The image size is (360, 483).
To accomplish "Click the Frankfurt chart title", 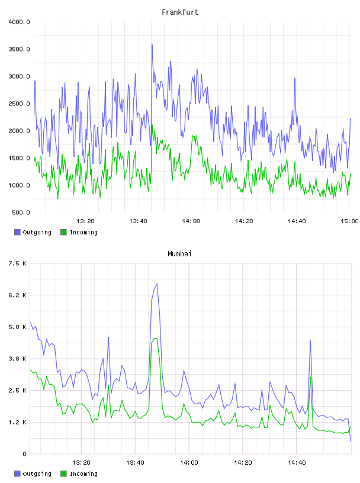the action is coord(180,12).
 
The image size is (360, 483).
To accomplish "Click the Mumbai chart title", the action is coord(179,254).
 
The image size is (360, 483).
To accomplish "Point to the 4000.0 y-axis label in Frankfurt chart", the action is coord(19,22).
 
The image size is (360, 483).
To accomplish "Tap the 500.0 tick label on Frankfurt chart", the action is coord(21,212).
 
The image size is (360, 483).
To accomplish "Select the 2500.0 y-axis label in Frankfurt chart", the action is coord(19,104).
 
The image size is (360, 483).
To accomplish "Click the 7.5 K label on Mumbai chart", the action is coord(18,263).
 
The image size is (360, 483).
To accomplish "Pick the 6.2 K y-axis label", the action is coord(18,295).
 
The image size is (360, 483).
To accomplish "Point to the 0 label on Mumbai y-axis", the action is coord(24,454).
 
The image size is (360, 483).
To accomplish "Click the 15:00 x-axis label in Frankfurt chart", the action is coord(349,221).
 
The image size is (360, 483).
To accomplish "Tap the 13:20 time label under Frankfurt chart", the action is coord(85,221).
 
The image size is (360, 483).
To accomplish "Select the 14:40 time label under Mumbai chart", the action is coord(297,462).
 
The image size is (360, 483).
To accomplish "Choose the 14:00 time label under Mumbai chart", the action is coord(189,462).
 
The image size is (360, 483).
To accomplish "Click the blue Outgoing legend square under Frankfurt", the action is coord(17,232).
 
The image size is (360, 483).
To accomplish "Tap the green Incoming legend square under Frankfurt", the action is coord(63,232).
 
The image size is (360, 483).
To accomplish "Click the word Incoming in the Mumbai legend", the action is coord(83,474).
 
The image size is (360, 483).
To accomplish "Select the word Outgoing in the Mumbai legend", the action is coord(37,474).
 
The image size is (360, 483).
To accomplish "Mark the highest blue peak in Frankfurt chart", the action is coord(152,45).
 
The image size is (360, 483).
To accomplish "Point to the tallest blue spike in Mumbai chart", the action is coord(157,284).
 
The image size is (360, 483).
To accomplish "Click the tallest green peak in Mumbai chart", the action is coord(156,338).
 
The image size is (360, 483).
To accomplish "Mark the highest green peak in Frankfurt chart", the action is coord(152,125).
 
